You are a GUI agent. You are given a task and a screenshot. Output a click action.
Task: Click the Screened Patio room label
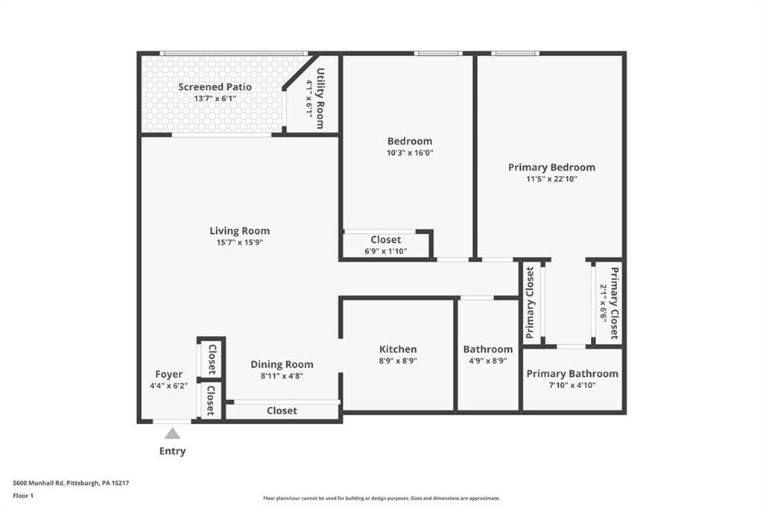click(215, 87)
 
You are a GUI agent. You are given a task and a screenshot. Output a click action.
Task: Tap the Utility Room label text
click(320, 98)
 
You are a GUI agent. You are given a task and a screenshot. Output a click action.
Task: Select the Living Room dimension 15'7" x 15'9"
click(239, 243)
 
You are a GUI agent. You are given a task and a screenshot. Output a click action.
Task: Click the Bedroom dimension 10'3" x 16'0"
click(409, 153)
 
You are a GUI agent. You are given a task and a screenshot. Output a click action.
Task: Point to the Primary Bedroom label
click(551, 168)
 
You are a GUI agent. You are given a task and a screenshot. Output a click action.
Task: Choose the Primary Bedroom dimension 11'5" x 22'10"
click(551, 179)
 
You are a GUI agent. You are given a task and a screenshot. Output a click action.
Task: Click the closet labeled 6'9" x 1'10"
click(385, 252)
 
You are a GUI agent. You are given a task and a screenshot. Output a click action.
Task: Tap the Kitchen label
click(398, 349)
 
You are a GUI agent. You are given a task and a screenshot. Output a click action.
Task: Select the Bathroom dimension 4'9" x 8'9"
click(487, 361)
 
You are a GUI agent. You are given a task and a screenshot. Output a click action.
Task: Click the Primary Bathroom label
click(572, 374)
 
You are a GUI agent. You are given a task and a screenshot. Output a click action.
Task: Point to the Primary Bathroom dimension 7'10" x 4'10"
click(572, 385)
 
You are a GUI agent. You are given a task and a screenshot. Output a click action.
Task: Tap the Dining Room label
click(282, 364)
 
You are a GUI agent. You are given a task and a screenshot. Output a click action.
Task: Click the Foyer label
click(168, 375)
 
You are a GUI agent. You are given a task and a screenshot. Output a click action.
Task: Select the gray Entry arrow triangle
click(172, 434)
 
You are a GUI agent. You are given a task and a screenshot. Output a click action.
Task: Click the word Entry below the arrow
click(172, 451)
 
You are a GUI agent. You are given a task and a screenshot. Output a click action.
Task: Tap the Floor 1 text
click(24, 495)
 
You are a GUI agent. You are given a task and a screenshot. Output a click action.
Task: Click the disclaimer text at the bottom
click(381, 498)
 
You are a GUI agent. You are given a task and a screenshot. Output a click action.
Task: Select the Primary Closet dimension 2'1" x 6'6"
click(604, 302)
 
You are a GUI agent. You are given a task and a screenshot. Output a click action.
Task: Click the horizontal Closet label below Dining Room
click(282, 411)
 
